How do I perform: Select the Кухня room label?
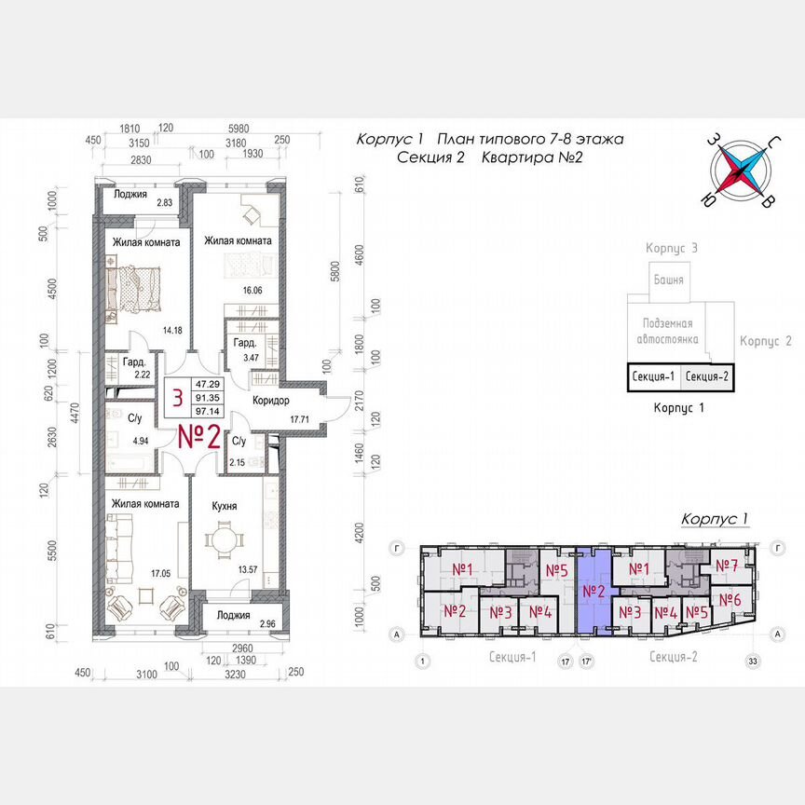click(x=223, y=507)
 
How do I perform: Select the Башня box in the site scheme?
click(x=667, y=280)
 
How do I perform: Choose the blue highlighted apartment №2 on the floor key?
click(x=594, y=592)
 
